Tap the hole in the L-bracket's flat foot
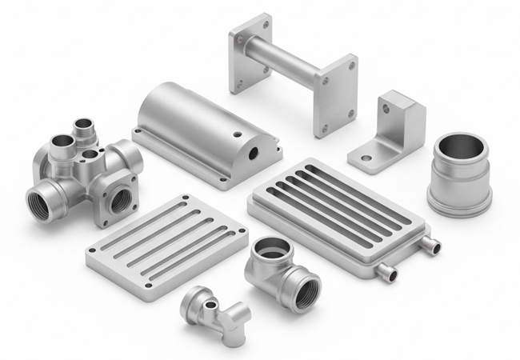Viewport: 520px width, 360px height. pos(366,158)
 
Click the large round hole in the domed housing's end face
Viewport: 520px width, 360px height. pos(254,150)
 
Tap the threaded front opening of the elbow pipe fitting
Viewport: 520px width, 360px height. pos(306,291)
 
